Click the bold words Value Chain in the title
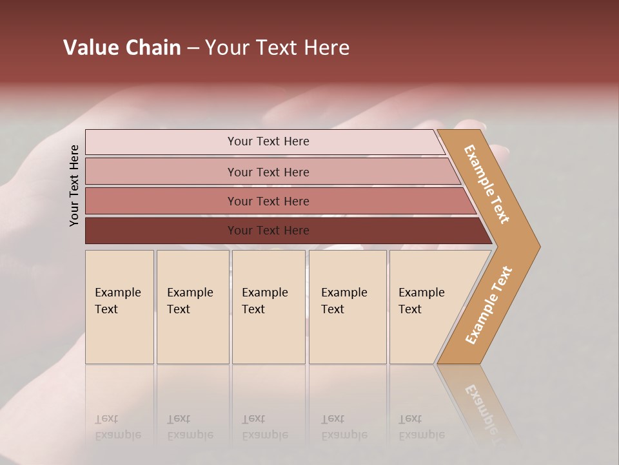pos(122,48)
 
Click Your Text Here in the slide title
pos(277,48)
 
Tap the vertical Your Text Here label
pos(74,185)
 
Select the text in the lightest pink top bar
pos(268,141)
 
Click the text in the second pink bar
pos(268,172)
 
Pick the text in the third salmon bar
pos(268,201)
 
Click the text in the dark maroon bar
pos(268,231)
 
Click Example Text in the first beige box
pos(117,301)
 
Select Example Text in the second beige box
pos(190,301)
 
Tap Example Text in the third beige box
pos(264,301)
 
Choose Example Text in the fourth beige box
pos(344,301)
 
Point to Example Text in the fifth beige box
pos(421,301)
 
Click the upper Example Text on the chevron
pos(487,184)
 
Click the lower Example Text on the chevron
pos(488,305)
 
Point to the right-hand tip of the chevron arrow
pos(538,246)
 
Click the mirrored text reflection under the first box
pos(117,428)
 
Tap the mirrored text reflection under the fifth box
pos(421,428)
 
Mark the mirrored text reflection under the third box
pos(264,428)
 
